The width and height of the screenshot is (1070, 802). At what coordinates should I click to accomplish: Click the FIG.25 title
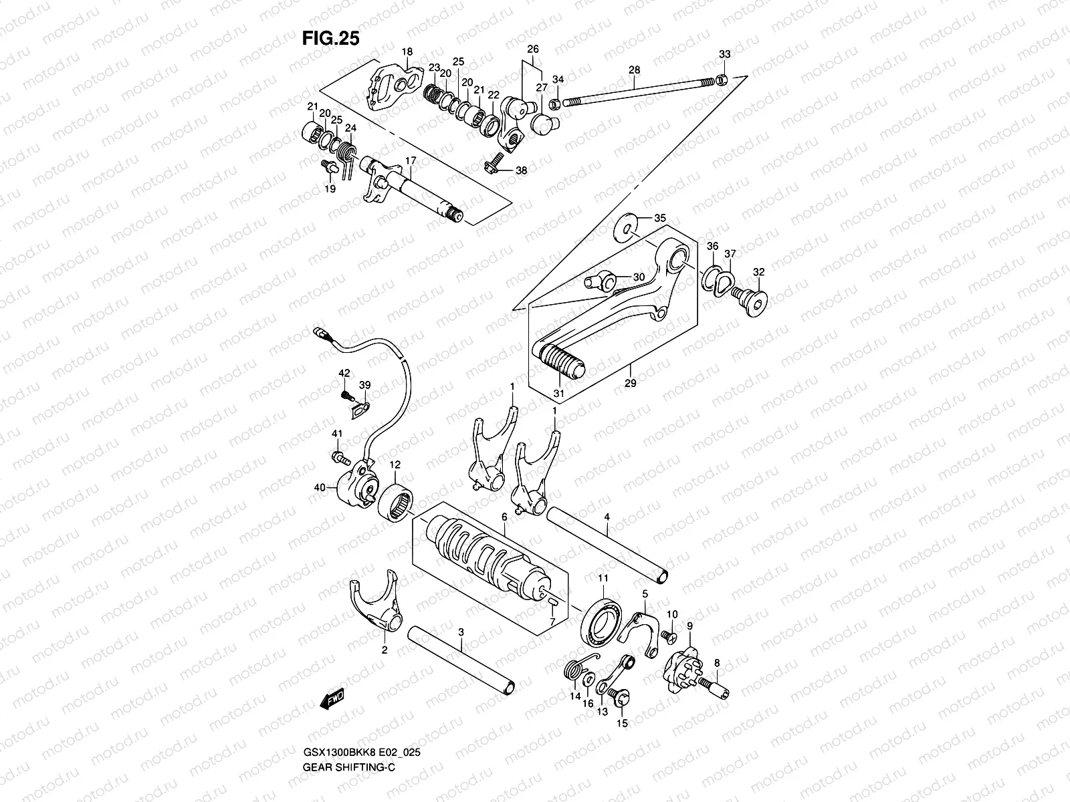(x=330, y=39)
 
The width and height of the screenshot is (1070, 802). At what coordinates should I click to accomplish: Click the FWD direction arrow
(x=332, y=698)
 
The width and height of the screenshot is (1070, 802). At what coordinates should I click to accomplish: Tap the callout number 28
(x=634, y=70)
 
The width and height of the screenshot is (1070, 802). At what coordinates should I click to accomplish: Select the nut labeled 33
(x=722, y=81)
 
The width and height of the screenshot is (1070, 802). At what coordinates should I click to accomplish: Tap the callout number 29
(x=630, y=384)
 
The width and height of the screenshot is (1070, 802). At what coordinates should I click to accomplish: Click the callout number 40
(x=321, y=489)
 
